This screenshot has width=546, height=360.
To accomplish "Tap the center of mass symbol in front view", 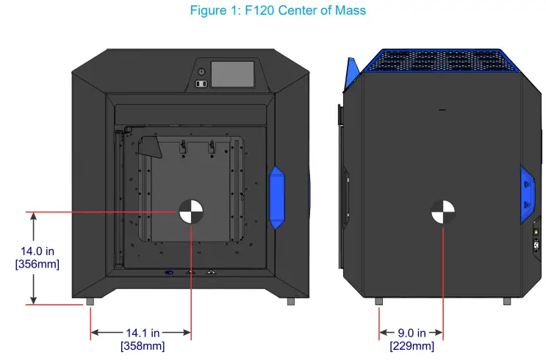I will point(191,212).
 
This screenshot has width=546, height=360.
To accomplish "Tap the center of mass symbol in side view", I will point(443,212).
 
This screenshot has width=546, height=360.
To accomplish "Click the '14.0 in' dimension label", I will point(37,252).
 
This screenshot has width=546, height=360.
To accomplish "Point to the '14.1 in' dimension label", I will point(143,334).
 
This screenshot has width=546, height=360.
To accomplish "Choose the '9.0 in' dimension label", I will point(412,334).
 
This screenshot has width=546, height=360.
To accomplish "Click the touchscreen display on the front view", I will point(232,74).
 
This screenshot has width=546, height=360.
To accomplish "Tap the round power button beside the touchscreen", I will point(201,71).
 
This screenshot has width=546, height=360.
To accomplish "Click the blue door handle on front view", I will point(277,197).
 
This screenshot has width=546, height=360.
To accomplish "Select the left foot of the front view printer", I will point(90,301).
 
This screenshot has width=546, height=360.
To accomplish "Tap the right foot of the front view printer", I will point(290,301).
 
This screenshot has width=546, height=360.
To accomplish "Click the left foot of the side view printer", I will point(379,301).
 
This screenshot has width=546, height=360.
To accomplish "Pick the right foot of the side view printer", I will point(507,301).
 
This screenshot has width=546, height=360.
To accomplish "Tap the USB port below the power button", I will point(201,84).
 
